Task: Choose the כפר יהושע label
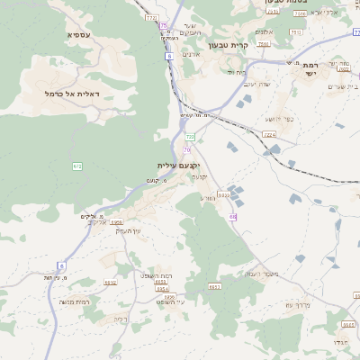(x=279, y=119)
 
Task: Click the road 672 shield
(x=76, y=166)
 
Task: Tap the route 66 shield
(x=232, y=217)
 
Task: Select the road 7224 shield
(x=270, y=134)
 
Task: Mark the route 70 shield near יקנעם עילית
(x=190, y=137)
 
